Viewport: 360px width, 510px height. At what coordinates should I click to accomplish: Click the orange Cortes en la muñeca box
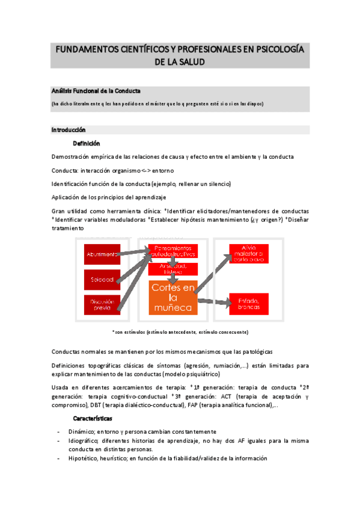pyautogui.click(x=172, y=297)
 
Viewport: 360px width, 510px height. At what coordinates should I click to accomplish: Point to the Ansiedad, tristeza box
pyautogui.click(x=173, y=268)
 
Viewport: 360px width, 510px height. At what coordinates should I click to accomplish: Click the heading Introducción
pyautogui.click(x=69, y=130)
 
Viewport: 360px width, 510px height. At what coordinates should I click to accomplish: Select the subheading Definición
pyautogui.click(x=87, y=144)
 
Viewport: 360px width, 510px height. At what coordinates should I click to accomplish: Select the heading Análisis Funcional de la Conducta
pyautogui.click(x=96, y=91)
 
